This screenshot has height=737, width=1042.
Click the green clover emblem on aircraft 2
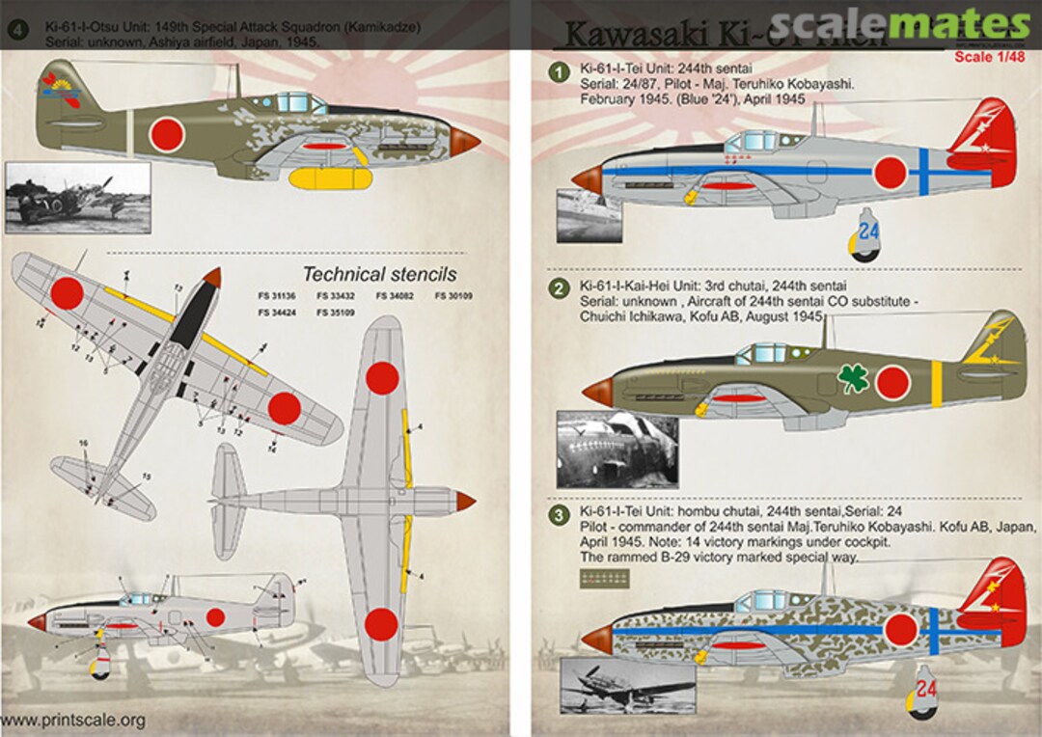click(852, 379)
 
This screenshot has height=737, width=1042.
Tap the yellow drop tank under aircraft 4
click(331, 178)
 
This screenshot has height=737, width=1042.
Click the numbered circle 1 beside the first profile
click(558, 71)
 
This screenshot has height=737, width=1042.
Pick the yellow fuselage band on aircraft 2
click(938, 383)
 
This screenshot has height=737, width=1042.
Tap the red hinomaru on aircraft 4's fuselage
click(167, 134)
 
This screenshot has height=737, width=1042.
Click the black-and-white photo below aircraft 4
click(77, 198)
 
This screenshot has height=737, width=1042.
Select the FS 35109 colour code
click(337, 313)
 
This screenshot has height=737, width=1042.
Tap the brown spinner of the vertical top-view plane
click(464, 501)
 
